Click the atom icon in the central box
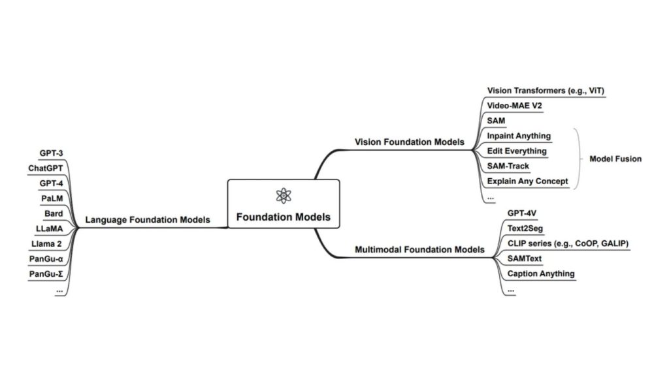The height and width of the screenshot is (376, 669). (282, 195)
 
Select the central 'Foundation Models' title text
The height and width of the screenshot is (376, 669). (283, 217)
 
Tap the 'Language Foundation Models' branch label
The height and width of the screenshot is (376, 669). (148, 220)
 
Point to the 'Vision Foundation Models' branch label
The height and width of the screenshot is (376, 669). (409, 142)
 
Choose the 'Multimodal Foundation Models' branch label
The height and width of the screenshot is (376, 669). (419, 249)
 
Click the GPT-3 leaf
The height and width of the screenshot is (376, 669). (51, 153)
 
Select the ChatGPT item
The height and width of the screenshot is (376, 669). (45, 168)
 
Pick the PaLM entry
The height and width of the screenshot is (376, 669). (52, 198)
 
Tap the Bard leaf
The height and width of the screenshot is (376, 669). (53, 213)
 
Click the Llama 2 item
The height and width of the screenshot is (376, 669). (47, 243)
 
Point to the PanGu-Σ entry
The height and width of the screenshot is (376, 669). (46, 274)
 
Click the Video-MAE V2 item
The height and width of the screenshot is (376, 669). (514, 105)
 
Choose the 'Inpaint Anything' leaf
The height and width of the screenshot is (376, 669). (519, 136)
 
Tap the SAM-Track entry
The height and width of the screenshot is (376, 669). (508, 166)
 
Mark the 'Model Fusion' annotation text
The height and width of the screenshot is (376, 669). (615, 159)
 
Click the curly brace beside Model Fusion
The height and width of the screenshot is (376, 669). (578, 159)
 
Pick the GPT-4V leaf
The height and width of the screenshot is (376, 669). (522, 213)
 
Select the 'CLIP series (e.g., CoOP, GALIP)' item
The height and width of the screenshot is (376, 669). (568, 243)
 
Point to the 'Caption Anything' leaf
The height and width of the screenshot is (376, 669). (541, 274)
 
